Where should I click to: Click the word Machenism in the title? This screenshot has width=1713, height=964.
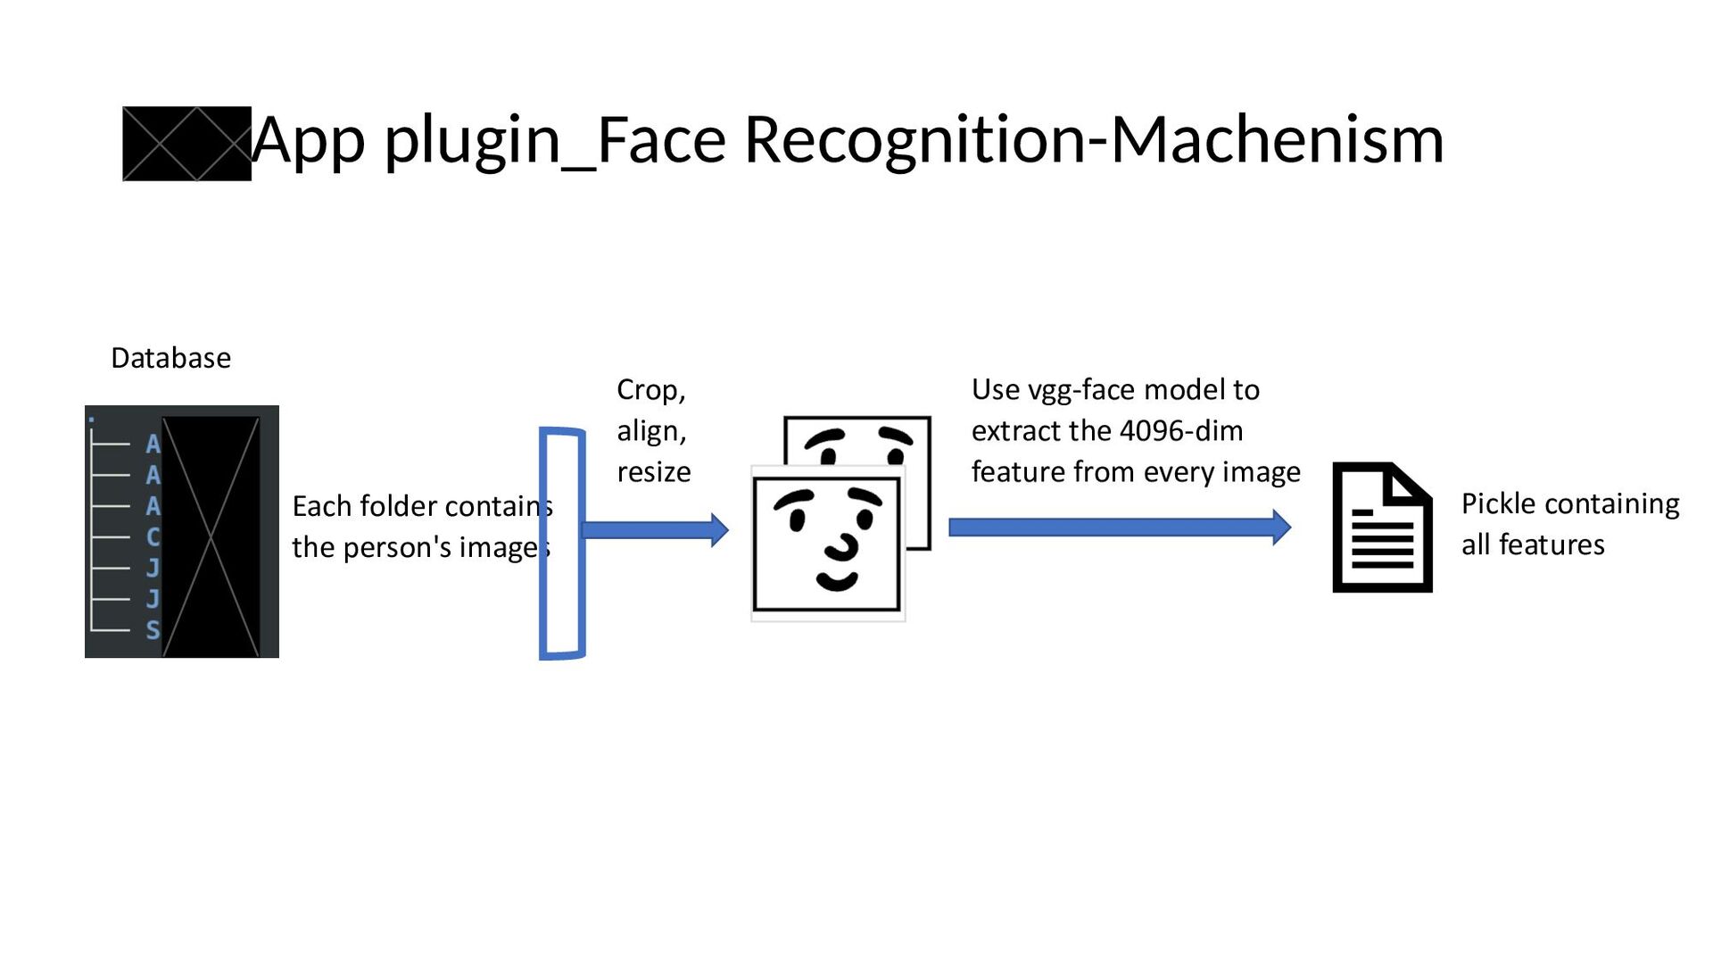click(x=1277, y=140)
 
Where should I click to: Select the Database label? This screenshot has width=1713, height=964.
click(x=170, y=358)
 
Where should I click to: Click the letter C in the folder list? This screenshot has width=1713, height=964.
click(x=153, y=537)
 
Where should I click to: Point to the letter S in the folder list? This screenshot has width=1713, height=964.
click(x=153, y=630)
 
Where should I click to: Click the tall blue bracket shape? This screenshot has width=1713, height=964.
click(x=562, y=544)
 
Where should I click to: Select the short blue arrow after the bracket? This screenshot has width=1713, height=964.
click(x=655, y=529)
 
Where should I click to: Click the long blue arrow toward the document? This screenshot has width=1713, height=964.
click(x=1119, y=527)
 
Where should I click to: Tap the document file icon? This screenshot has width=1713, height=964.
click(x=1382, y=528)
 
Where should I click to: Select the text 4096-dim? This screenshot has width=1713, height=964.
click(x=1180, y=431)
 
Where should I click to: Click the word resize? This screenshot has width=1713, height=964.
click(x=653, y=472)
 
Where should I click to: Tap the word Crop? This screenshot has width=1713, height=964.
click(x=650, y=390)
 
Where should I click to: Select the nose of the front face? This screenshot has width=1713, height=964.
click(x=841, y=545)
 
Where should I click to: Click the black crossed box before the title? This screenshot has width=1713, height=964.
click(x=186, y=144)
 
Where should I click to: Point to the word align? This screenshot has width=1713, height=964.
click(x=650, y=431)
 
